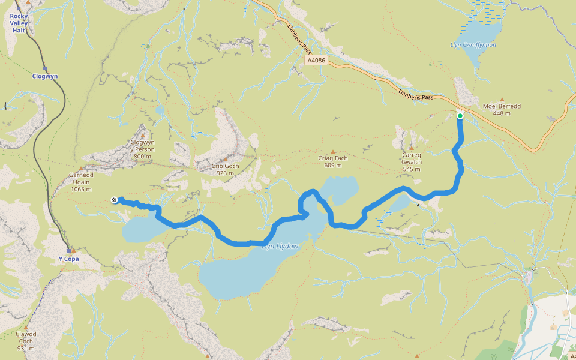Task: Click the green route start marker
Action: point(460,116)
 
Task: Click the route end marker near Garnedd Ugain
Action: point(114,200)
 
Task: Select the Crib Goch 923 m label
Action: point(226,169)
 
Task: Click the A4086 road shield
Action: point(316,61)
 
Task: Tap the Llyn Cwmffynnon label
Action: point(473,45)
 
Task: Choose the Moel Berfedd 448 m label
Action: point(502,110)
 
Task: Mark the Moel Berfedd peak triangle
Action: point(502,99)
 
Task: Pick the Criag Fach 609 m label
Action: point(333,161)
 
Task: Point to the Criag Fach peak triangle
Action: point(333,151)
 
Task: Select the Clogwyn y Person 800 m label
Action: point(143,149)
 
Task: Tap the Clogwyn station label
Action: point(45,76)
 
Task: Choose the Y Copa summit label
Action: point(68,259)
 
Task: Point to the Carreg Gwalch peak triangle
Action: point(412,147)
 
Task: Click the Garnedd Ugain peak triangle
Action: point(80,168)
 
